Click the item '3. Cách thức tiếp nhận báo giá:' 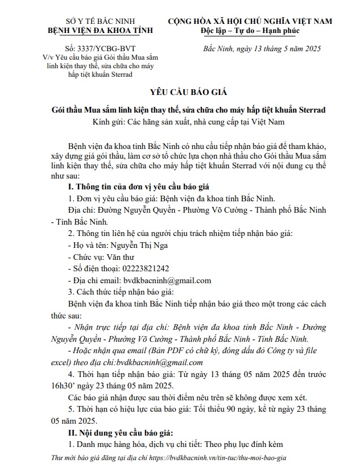pos(121,292)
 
